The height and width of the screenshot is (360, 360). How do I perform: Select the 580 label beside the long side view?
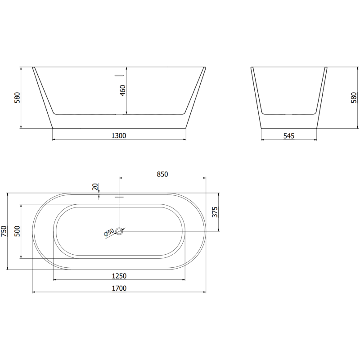[x=17, y=98]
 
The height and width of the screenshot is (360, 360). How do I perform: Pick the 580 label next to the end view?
[x=353, y=98]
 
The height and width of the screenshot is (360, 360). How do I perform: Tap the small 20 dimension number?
[x=95, y=186]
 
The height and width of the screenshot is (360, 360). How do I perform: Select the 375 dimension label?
[x=215, y=212]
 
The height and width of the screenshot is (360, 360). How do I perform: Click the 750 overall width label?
[x=4, y=231]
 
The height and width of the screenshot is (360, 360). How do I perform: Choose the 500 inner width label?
[x=17, y=231]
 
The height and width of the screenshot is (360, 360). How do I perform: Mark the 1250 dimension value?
[x=119, y=276]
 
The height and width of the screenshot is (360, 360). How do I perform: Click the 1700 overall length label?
[x=119, y=288]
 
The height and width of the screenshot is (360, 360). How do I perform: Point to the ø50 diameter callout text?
[x=109, y=233]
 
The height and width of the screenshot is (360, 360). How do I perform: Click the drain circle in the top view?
[x=119, y=231]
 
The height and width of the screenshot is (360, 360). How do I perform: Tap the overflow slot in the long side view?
[x=119, y=75]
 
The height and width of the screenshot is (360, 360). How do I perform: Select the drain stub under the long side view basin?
[x=119, y=115]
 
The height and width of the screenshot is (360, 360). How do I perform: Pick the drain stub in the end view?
[x=288, y=115]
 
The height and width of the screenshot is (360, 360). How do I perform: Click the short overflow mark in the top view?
[x=119, y=197]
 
